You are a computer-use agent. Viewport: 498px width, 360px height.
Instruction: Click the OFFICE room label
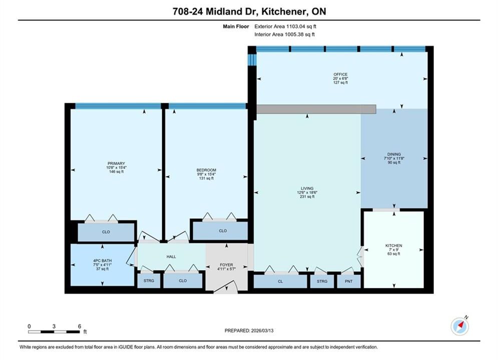coord(340,74)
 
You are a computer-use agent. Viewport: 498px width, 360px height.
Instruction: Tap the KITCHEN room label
coord(394,245)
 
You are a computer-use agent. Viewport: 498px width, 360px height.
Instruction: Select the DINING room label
coord(394,154)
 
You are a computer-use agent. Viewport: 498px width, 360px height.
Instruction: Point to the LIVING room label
coord(307,188)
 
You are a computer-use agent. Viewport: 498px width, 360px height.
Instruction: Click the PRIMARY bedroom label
coord(116,163)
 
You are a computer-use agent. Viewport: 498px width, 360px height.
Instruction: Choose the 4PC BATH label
coord(102,260)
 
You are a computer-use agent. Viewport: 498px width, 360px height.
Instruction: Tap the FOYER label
coord(226,265)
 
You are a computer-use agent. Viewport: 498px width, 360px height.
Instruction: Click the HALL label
coord(171,256)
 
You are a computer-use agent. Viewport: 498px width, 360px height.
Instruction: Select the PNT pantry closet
coord(349,281)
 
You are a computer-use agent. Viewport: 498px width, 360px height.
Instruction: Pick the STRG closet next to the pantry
coord(322,281)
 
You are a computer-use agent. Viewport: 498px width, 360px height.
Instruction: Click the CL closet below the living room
coord(280,281)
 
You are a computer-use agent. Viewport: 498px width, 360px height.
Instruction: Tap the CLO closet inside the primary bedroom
coord(106,232)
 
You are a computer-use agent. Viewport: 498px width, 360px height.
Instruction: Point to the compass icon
coord(460,325)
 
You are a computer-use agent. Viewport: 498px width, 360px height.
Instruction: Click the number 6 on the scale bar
coord(80,326)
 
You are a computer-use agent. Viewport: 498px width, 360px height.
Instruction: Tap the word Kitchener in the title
coord(285,11)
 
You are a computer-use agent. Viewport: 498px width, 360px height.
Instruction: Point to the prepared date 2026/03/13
coord(262,330)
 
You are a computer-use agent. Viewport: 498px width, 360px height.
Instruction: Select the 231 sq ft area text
coord(307,196)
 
